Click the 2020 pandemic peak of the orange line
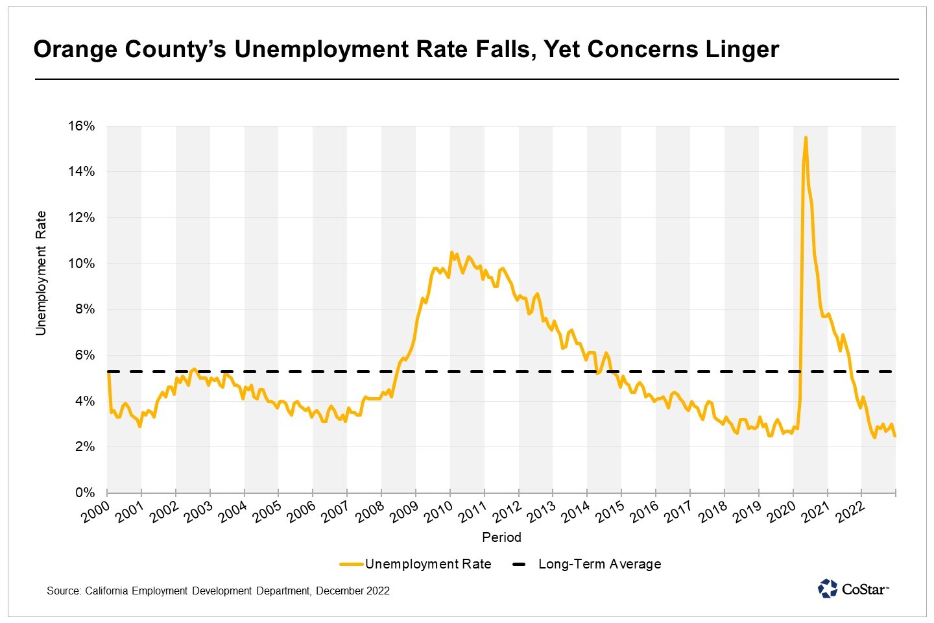(x=806, y=138)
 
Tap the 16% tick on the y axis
(x=82, y=126)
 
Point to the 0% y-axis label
(x=85, y=493)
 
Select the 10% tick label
(x=82, y=263)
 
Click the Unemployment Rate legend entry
(x=428, y=564)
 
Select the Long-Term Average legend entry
(x=599, y=564)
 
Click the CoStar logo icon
(x=828, y=589)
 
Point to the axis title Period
(x=501, y=537)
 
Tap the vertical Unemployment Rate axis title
(x=42, y=273)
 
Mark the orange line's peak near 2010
(x=451, y=252)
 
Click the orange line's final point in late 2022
(x=895, y=435)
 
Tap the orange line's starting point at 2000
(x=108, y=372)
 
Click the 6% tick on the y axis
(x=85, y=355)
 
